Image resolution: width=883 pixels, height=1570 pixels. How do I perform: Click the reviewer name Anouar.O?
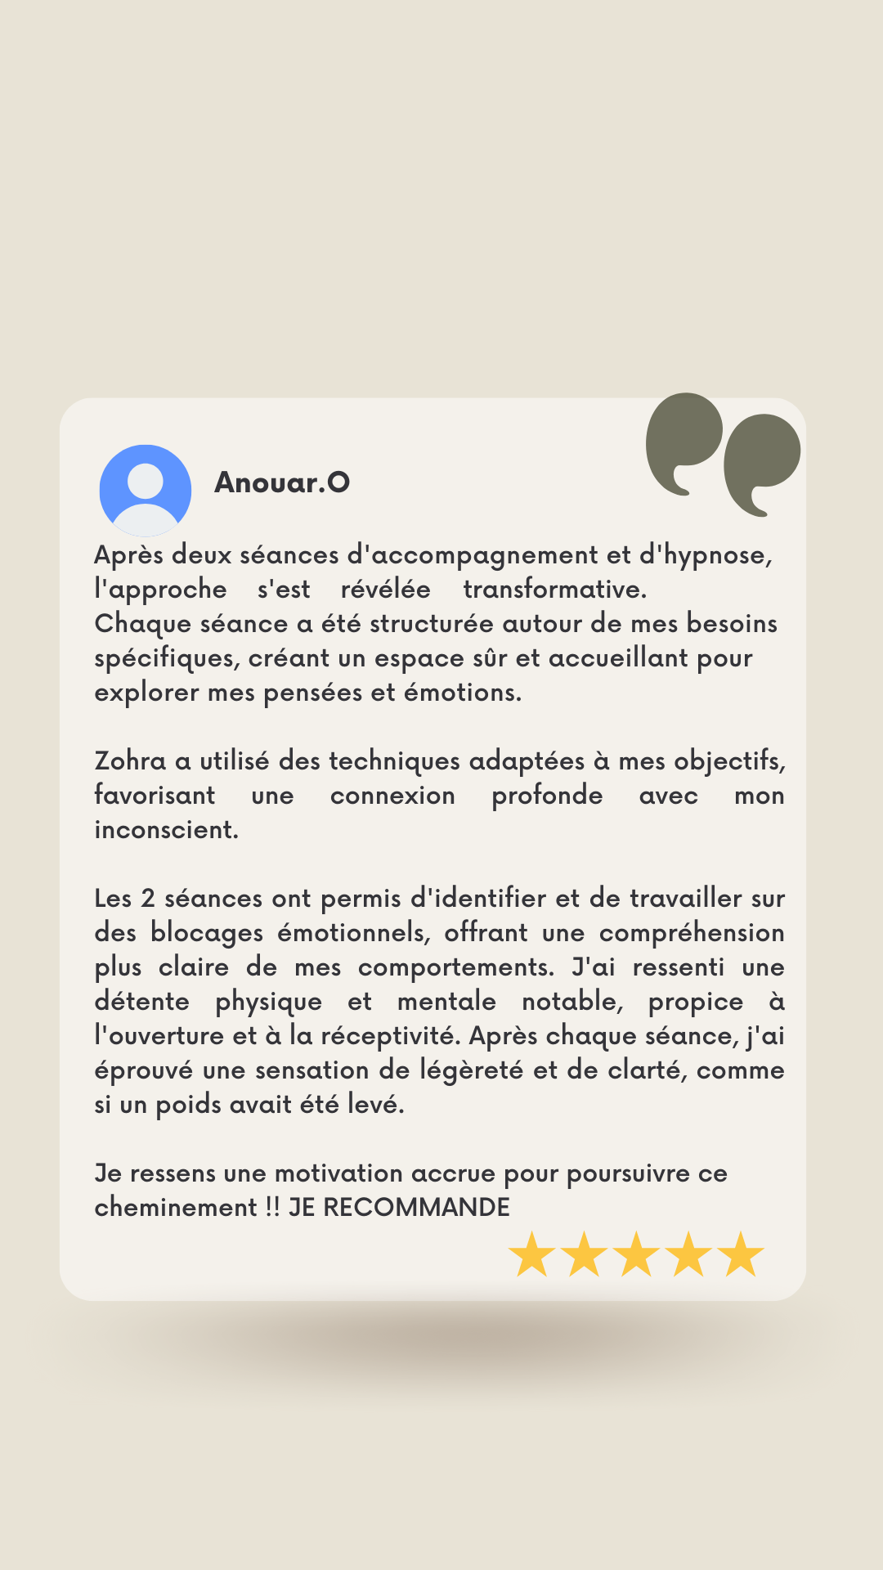point(282,482)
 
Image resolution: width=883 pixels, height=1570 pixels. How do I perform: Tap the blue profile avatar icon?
point(146,490)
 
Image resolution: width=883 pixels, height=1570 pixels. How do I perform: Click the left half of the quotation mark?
point(684,442)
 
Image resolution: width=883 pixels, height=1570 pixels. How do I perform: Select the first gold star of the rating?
point(532,1255)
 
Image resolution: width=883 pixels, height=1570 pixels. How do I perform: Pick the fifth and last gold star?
point(742,1255)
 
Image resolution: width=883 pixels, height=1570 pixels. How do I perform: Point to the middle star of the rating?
point(637,1255)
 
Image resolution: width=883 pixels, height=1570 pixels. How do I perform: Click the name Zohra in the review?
point(130,761)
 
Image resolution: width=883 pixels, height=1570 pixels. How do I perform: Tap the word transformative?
point(554,590)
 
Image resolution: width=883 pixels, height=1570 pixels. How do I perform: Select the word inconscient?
point(166,830)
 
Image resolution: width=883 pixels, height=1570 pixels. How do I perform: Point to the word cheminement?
point(176,1208)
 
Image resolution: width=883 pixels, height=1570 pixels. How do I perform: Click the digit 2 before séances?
point(148,899)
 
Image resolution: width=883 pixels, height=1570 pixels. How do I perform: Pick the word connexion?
point(392,796)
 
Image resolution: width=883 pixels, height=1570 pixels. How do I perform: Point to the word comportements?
point(455,967)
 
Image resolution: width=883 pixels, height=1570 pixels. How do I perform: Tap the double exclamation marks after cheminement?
point(273,1208)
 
